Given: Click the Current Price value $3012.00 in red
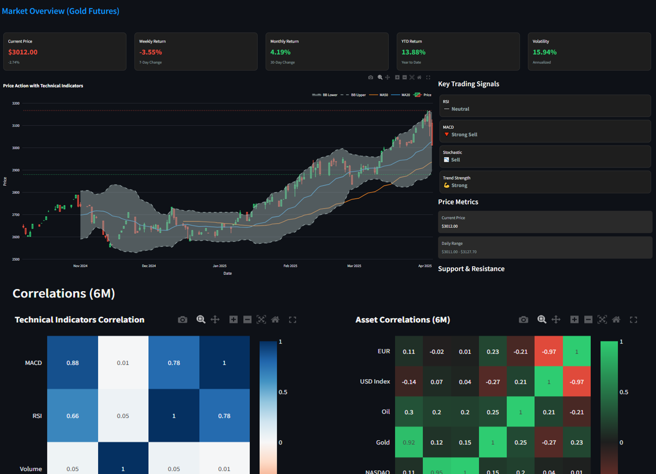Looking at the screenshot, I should pyautogui.click(x=23, y=52).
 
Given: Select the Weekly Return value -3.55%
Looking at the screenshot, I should pyautogui.click(x=150, y=52).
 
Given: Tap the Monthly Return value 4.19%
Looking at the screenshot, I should pyautogui.click(x=281, y=52).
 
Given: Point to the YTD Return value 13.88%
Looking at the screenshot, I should pyautogui.click(x=414, y=52).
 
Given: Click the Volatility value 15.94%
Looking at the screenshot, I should pyautogui.click(x=545, y=52).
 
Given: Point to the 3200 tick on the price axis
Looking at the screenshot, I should pyautogui.click(x=16, y=104).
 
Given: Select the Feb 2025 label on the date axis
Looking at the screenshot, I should pyautogui.click(x=290, y=266).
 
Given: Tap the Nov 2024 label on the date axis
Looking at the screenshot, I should pyautogui.click(x=80, y=266).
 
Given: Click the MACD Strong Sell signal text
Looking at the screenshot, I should pyautogui.click(x=464, y=134).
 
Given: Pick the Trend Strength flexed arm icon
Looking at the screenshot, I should pyautogui.click(x=447, y=185).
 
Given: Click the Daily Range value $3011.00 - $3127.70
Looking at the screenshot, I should pyautogui.click(x=459, y=252).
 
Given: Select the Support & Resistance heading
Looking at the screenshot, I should pyautogui.click(x=471, y=269).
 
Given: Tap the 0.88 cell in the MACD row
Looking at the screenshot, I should pyautogui.click(x=73, y=363).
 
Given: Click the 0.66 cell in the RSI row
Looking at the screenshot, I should pyautogui.click(x=73, y=416).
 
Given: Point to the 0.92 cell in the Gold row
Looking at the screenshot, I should pyautogui.click(x=409, y=442).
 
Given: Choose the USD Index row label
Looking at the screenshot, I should pyautogui.click(x=375, y=382).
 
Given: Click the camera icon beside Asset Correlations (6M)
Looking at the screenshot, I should pyautogui.click(x=523, y=320).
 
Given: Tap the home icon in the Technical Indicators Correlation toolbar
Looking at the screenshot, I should pyautogui.click(x=275, y=320).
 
